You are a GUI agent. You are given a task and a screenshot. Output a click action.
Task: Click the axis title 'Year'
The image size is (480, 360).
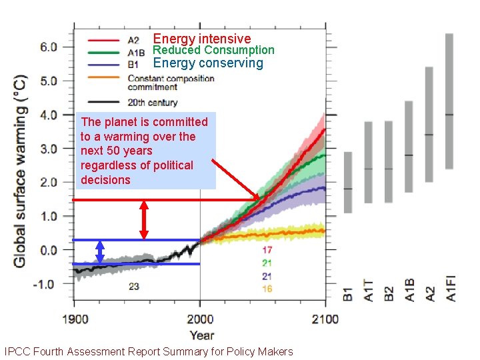[x=201, y=335]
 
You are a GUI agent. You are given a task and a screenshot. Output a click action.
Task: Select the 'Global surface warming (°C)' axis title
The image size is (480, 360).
[x=21, y=171]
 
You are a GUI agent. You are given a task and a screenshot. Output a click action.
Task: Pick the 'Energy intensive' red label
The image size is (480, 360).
[x=202, y=39]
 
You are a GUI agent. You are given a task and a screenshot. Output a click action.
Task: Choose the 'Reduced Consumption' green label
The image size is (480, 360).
[x=213, y=50]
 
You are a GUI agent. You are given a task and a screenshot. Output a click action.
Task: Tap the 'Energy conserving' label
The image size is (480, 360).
[x=208, y=63]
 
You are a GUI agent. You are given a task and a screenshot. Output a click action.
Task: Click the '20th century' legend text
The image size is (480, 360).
[x=153, y=103]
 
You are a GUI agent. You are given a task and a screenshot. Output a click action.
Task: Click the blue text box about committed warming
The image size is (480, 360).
[x=146, y=151]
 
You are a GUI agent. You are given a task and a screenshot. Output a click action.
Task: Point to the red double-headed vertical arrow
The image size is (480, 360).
[x=144, y=220]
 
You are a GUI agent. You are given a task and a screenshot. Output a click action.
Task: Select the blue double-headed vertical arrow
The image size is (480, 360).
[x=100, y=251]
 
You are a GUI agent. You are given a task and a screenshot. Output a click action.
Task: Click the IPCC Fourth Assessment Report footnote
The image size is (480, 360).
[x=148, y=351]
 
